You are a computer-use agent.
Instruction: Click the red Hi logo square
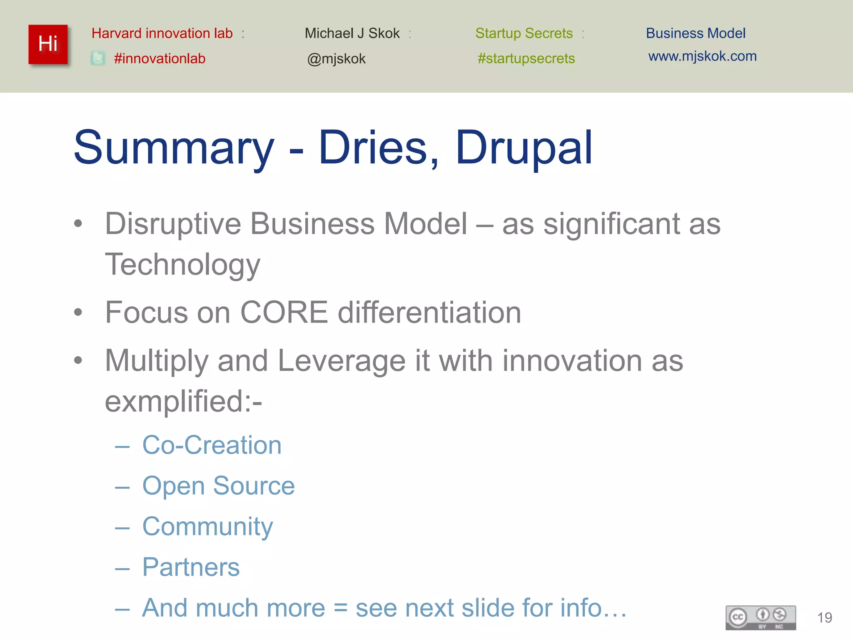point(48,44)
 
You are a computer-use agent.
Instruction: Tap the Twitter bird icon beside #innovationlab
point(98,58)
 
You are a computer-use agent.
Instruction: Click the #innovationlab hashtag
point(160,58)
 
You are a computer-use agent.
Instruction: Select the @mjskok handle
point(336,59)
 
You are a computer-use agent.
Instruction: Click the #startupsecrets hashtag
point(526,58)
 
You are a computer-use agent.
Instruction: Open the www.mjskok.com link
point(702,56)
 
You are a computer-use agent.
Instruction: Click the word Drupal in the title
point(524,147)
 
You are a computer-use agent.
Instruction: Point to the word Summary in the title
point(174,148)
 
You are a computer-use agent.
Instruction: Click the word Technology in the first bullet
point(182,265)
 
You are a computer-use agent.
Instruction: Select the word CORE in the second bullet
point(284,312)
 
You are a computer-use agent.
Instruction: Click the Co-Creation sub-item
point(212,445)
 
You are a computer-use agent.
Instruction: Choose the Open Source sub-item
point(218,486)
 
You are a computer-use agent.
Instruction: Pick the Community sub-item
point(207,527)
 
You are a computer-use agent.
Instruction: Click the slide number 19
point(824,617)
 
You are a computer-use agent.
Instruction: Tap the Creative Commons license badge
point(761,617)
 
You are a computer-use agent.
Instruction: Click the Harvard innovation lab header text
point(162,33)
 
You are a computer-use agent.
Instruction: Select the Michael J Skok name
point(352,33)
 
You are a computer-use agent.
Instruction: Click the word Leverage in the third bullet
point(341,361)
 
